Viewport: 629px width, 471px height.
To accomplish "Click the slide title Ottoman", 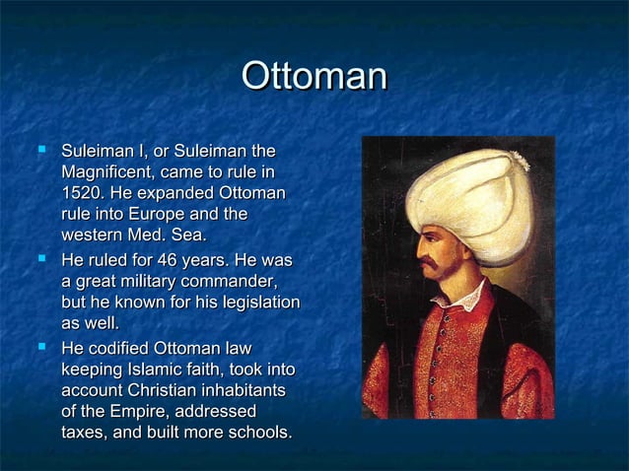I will pyautogui.click(x=314, y=78).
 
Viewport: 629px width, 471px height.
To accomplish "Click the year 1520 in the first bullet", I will pyautogui.click(x=80, y=193).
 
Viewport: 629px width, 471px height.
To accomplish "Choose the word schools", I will pyautogui.click(x=257, y=432).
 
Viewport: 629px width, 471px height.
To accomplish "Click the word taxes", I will pyautogui.click(x=84, y=432).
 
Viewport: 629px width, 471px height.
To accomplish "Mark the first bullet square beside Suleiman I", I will pyautogui.click(x=40, y=152).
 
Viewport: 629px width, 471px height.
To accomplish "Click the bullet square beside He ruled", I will pyautogui.click(x=40, y=261).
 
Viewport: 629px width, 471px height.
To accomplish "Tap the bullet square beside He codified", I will pyautogui.click(x=40, y=349).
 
